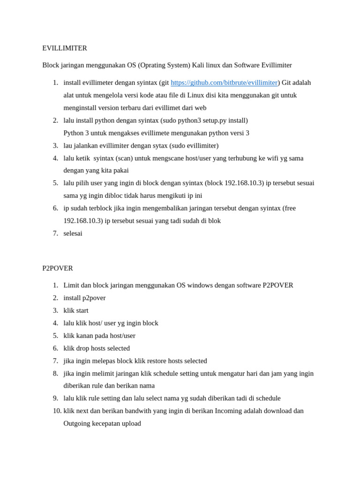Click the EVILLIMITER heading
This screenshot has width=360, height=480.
pyautogui.click(x=65, y=48)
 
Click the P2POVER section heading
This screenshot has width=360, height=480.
pyautogui.click(x=58, y=268)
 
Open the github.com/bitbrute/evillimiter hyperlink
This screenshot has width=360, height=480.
pyautogui.click(x=224, y=82)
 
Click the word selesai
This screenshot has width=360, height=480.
pyautogui.click(x=73, y=233)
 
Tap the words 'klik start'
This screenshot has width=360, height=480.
pyautogui.click(x=76, y=310)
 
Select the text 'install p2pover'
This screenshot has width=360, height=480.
pyautogui.click(x=84, y=298)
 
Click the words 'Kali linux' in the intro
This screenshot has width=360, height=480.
pyautogui.click(x=206, y=65)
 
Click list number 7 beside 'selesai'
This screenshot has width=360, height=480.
pyautogui.click(x=55, y=233)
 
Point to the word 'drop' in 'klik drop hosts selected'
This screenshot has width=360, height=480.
pyautogui.click(x=84, y=348)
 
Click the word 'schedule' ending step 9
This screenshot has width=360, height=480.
pyautogui.click(x=267, y=398)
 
